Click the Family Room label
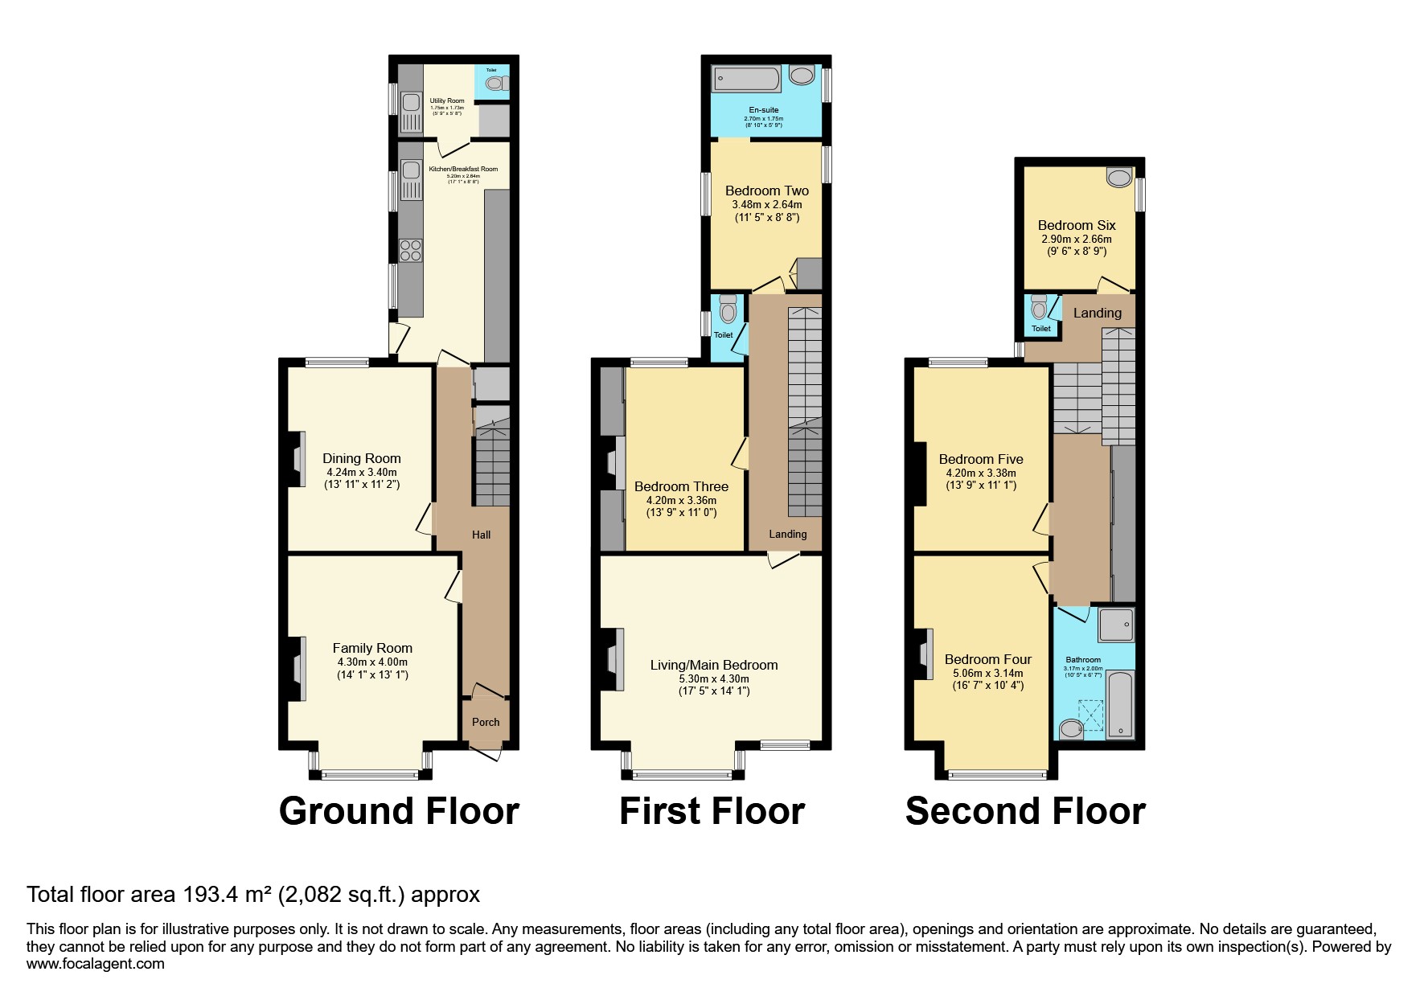(x=372, y=648)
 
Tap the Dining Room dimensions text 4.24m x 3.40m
(x=361, y=473)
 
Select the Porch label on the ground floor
(x=486, y=722)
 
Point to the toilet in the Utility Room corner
(x=495, y=83)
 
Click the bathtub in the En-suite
(x=747, y=79)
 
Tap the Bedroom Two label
(x=767, y=191)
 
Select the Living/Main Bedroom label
(x=714, y=665)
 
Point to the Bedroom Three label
(x=681, y=486)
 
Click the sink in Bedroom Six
(x=1118, y=178)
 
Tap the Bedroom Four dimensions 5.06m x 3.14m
(x=988, y=674)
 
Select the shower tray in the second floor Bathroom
(x=1116, y=625)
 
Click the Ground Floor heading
(x=399, y=811)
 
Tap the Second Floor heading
(x=1025, y=811)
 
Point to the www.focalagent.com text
(x=96, y=963)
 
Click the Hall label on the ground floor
(x=481, y=535)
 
